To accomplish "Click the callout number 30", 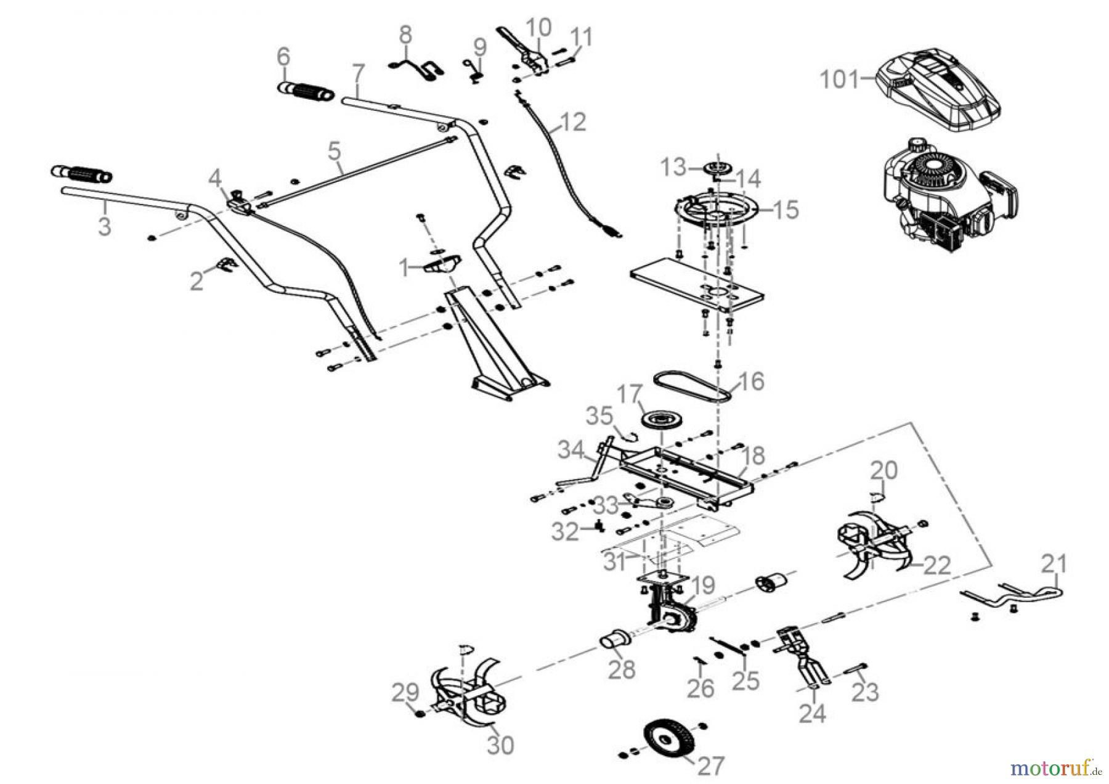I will (x=500, y=745).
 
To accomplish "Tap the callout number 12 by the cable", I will (x=572, y=122).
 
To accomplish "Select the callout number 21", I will (x=1054, y=563).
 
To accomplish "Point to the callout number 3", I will (x=105, y=226).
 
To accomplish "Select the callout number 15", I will (x=785, y=210).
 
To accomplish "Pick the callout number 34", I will (x=571, y=451).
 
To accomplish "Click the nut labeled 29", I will (x=419, y=714).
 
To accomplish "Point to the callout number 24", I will (x=813, y=714).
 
